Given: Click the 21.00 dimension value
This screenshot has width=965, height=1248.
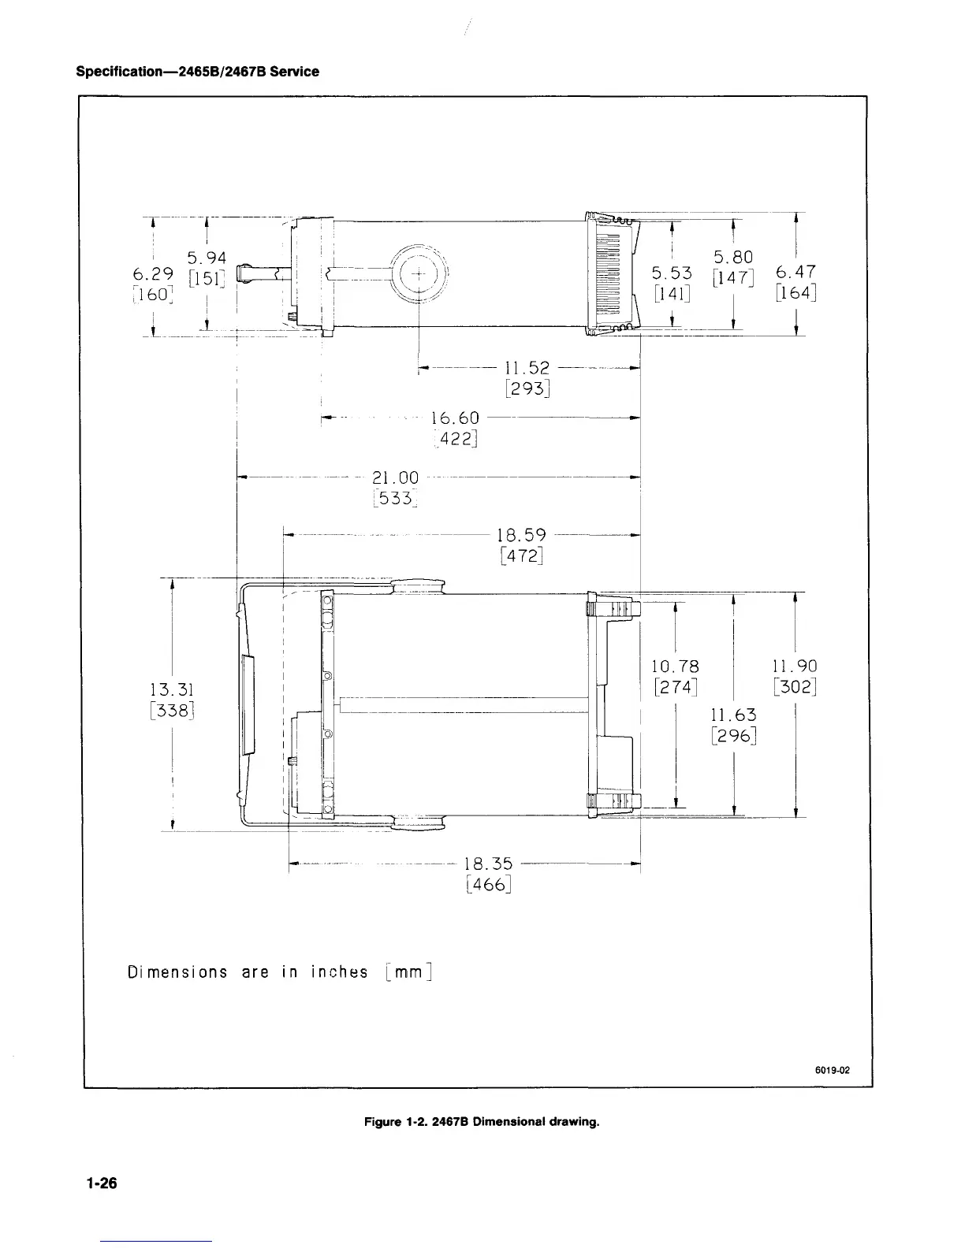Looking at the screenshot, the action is tap(396, 477).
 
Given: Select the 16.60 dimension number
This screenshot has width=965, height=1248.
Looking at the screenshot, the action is tap(455, 418).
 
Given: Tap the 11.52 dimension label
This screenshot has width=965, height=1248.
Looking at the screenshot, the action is tap(527, 368).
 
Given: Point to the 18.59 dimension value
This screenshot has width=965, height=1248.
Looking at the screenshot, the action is tap(521, 535).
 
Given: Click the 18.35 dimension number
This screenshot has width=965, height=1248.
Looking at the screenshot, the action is tap(488, 864).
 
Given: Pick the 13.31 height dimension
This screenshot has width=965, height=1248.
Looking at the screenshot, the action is tap(172, 689).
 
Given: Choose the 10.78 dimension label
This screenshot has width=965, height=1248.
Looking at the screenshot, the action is tap(676, 667).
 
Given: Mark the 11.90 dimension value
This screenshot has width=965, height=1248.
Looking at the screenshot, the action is tap(795, 666).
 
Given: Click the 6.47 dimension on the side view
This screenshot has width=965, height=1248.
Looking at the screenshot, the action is tap(796, 272).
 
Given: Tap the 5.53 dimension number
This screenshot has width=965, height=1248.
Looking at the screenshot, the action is tap(672, 273).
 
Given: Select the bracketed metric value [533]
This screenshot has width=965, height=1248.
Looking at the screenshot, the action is tap(396, 498).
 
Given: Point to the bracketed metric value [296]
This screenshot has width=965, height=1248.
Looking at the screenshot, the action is tap(734, 736).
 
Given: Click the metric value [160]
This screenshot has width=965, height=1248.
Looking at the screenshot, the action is tap(153, 295).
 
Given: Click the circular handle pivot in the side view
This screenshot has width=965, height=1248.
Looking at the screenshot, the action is tap(419, 273).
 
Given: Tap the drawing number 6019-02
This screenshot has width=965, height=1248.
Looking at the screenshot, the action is tap(833, 1070).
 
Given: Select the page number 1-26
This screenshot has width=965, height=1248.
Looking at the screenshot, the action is tap(102, 1183).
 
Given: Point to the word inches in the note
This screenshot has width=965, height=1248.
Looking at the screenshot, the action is tap(340, 971).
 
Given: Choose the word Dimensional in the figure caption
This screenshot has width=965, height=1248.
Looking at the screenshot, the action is tap(510, 1122).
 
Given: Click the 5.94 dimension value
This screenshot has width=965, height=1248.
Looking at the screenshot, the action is tap(207, 258).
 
